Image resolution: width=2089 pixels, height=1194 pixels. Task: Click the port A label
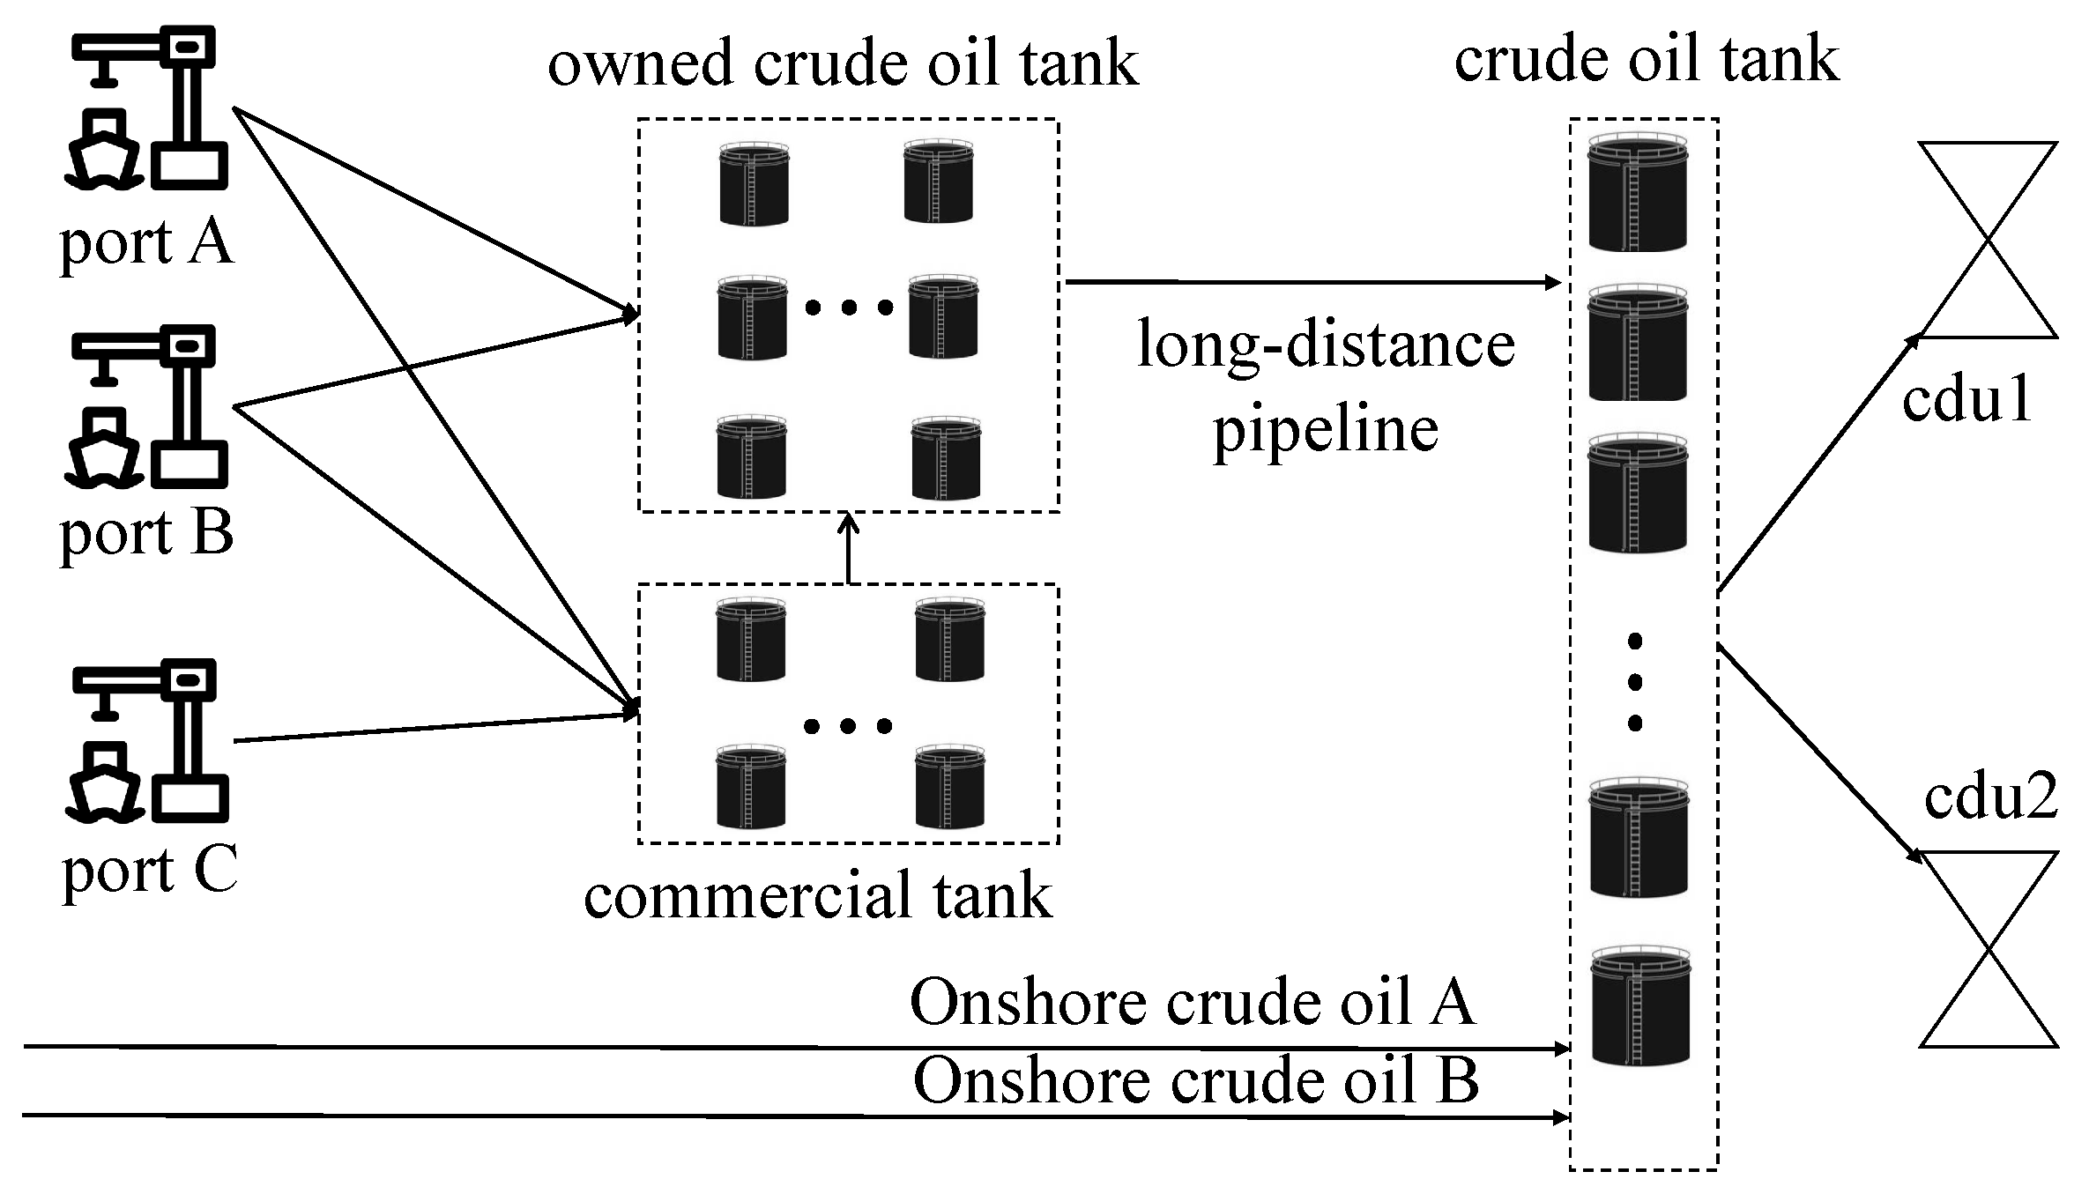(146, 242)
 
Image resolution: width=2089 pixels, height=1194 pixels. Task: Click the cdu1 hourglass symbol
(1988, 240)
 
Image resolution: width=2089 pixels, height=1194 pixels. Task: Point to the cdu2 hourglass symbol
(1989, 949)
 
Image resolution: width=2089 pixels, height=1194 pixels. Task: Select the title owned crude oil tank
(844, 63)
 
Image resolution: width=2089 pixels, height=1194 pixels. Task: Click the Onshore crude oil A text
(1192, 1002)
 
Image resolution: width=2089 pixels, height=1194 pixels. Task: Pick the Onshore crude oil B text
(1195, 1079)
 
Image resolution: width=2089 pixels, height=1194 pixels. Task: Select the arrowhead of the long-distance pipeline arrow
(1553, 283)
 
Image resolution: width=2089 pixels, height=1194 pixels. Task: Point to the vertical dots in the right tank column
(1635, 682)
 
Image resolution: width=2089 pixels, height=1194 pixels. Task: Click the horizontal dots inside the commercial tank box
(848, 726)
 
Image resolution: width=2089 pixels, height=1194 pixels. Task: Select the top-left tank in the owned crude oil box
(754, 184)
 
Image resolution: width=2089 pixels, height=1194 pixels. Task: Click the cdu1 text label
(1966, 399)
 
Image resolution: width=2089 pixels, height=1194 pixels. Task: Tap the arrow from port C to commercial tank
(436, 727)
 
